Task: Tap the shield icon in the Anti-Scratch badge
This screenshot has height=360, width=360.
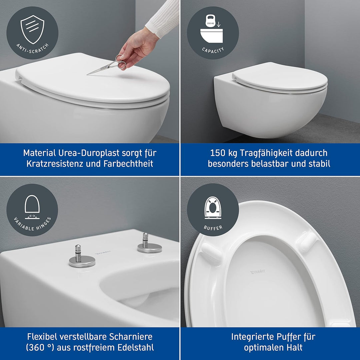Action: point(32,29)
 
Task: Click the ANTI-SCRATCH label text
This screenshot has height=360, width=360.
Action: point(32,49)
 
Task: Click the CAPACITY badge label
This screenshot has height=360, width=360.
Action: point(213,50)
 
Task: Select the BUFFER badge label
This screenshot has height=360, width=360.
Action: point(213,228)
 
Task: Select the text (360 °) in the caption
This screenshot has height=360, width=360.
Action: point(40,347)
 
